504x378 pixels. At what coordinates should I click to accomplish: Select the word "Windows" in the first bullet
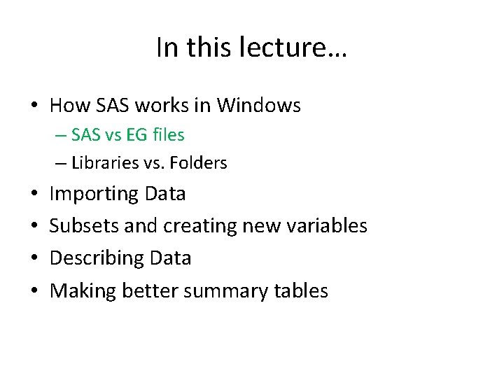tap(258, 106)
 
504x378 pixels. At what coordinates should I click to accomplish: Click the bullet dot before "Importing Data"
tap(34, 194)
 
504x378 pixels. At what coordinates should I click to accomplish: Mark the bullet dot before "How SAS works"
tap(34, 106)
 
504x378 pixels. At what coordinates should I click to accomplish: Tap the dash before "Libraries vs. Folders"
tap(61, 164)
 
